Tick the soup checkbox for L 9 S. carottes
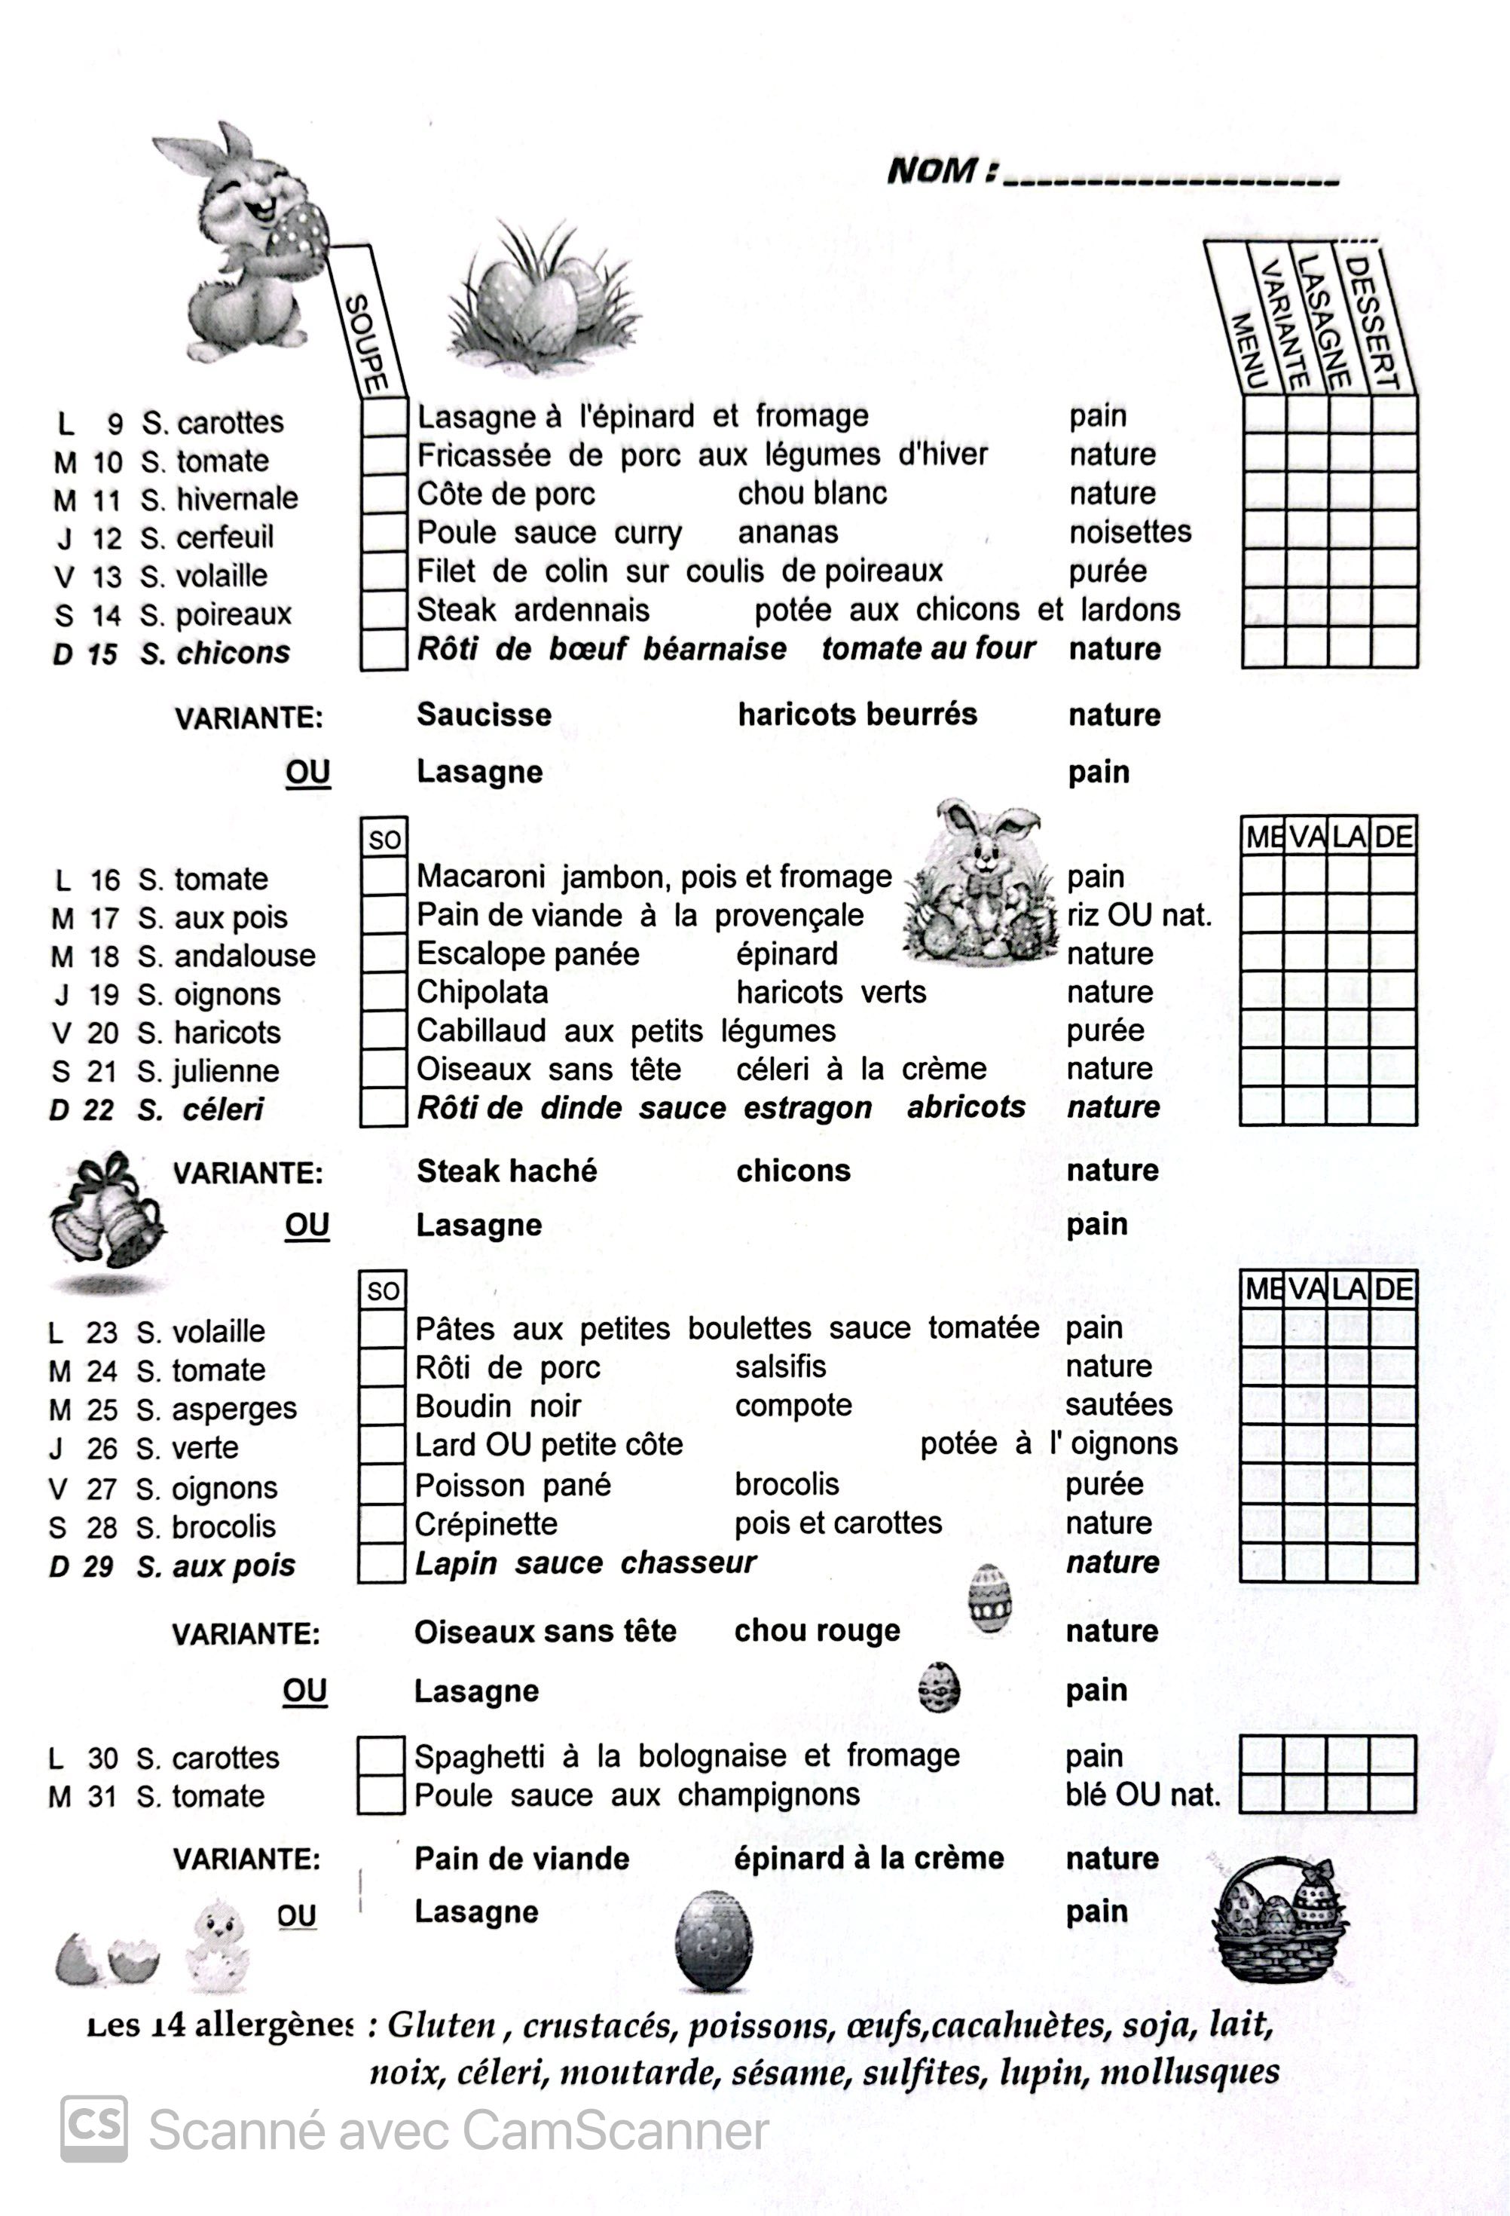384,418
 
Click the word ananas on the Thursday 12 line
787,532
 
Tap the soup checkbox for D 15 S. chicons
384,650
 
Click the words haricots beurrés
857,715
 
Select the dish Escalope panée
527,953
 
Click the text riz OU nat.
1139,915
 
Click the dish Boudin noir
497,1406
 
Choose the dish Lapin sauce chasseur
585,1563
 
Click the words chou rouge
816,1630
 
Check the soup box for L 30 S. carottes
381,1755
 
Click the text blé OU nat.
1142,1795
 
